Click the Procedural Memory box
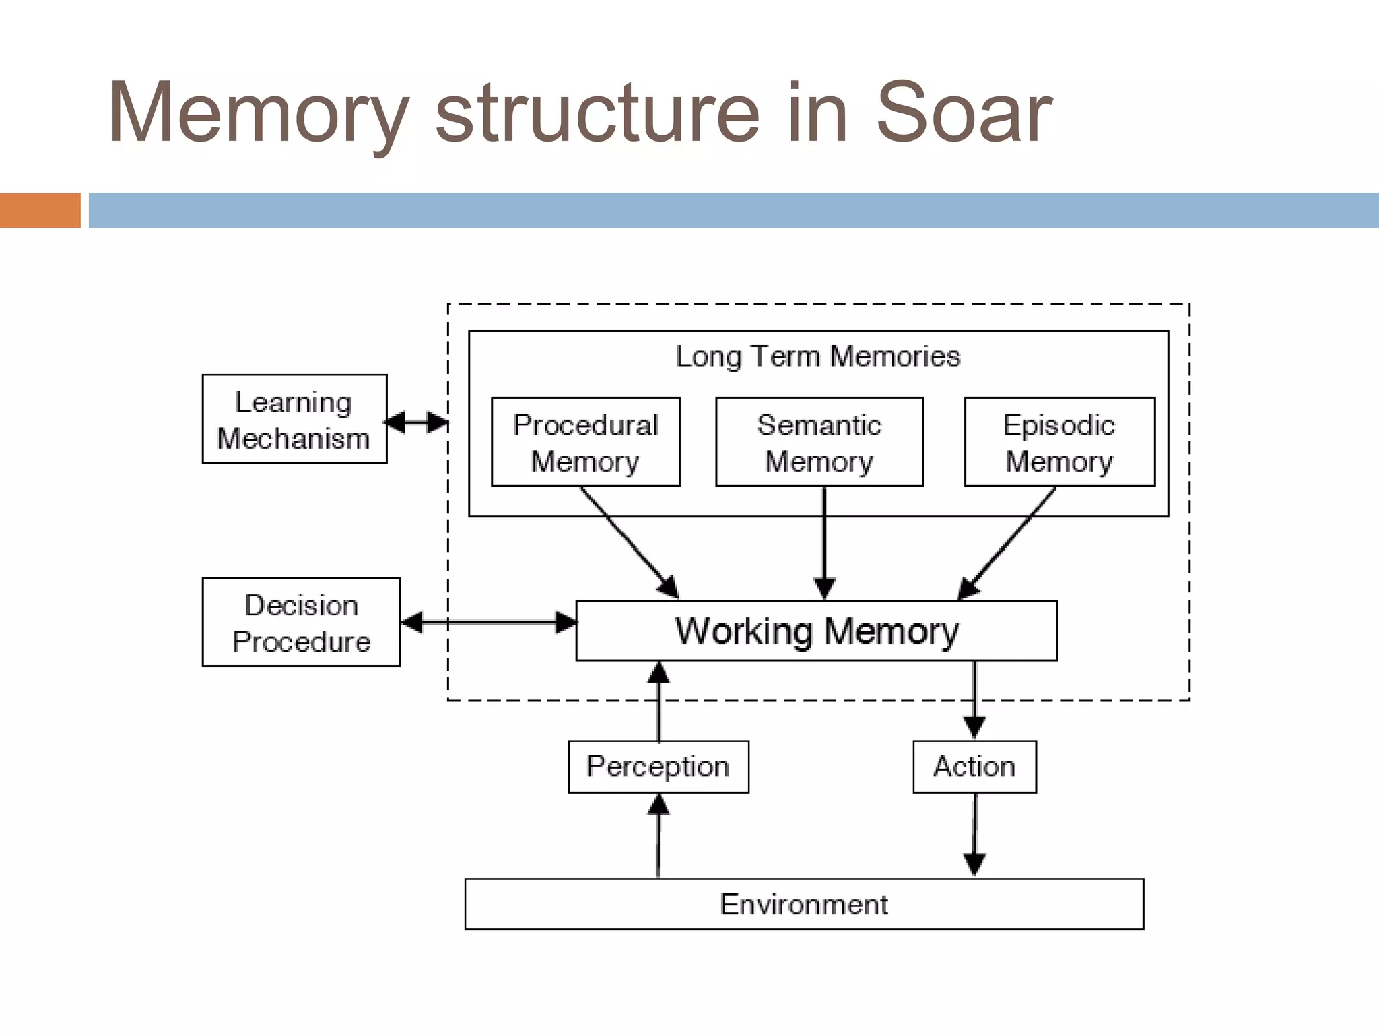tap(585, 442)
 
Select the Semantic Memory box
tap(819, 442)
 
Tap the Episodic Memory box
tap(1059, 442)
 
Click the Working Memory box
tap(816, 631)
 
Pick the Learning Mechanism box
tap(294, 419)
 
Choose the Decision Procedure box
tap(301, 622)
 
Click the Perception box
tap(658, 767)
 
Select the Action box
tap(974, 767)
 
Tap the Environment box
tap(803, 904)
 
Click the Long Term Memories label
tap(817, 356)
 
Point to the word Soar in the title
tap(963, 113)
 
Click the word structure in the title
tap(598, 113)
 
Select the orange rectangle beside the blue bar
tap(40, 210)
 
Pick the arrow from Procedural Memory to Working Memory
tap(630, 542)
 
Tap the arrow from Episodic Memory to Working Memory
tap(1007, 542)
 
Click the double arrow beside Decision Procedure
tap(488, 622)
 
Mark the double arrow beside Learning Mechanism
tap(416, 422)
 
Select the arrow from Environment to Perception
tap(658, 836)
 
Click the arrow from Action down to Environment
tap(974, 836)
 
